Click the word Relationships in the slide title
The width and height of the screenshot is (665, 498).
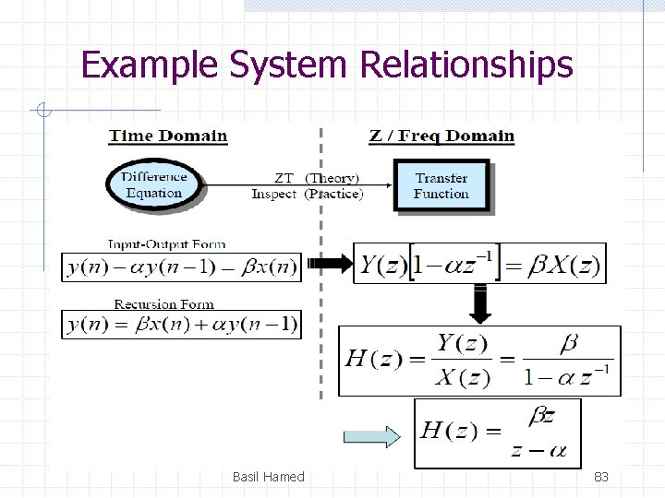click(x=467, y=65)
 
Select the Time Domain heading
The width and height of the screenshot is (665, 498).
click(x=168, y=136)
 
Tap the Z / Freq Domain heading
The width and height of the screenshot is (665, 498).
click(x=441, y=136)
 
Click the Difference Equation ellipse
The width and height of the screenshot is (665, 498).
click(x=153, y=184)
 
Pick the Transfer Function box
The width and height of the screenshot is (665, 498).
click(x=441, y=185)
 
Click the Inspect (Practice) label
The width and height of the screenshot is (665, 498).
click(x=308, y=194)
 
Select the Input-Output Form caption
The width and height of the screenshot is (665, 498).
click(x=166, y=244)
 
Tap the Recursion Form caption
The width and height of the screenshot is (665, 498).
click(x=164, y=304)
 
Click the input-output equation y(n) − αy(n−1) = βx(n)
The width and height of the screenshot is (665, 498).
click(x=181, y=267)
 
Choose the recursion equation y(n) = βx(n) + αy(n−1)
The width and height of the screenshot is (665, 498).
click(x=181, y=325)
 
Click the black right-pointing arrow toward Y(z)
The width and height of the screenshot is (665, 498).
click(x=330, y=265)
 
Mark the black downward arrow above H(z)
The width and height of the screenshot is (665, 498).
click(x=480, y=303)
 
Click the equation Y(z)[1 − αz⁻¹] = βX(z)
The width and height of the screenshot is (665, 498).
click(x=480, y=266)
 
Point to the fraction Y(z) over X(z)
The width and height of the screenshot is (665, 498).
click(x=462, y=361)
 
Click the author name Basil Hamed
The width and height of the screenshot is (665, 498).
click(x=268, y=477)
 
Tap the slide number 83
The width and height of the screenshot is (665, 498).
click(x=600, y=477)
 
